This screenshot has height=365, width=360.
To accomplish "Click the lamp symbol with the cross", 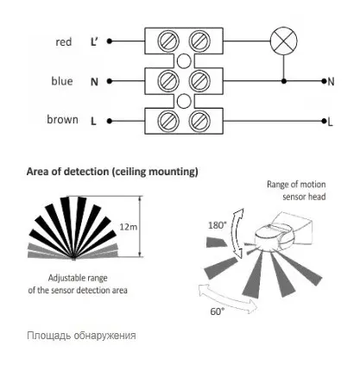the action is (x=283, y=41).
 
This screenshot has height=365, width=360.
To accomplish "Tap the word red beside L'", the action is (x=64, y=42).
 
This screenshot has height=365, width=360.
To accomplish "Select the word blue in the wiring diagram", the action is (x=62, y=81).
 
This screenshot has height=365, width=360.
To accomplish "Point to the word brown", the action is (x=62, y=119).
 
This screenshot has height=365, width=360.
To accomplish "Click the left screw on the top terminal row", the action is (x=168, y=41).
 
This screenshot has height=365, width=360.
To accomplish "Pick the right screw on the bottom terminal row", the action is (x=199, y=121).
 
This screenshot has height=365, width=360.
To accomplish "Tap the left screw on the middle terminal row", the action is (x=168, y=81).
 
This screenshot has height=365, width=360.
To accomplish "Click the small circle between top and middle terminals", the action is (x=184, y=61).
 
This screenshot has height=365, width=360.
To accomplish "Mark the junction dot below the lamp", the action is (x=284, y=81).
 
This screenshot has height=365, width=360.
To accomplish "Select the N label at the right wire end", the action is (x=331, y=82).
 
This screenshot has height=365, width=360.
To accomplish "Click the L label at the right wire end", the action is (x=330, y=123).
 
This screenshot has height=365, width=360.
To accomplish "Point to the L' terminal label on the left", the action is (x=94, y=42).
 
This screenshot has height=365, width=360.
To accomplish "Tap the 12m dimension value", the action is (x=129, y=227).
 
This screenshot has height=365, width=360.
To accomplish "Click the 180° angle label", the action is (x=216, y=225).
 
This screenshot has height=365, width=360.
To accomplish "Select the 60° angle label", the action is (x=218, y=312).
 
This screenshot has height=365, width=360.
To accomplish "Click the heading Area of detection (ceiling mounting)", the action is (x=112, y=172).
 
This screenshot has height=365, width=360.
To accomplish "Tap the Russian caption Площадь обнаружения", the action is (x=81, y=336).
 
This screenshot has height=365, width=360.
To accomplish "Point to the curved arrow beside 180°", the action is (x=237, y=233).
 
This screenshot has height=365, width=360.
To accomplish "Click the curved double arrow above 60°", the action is (x=227, y=299).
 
